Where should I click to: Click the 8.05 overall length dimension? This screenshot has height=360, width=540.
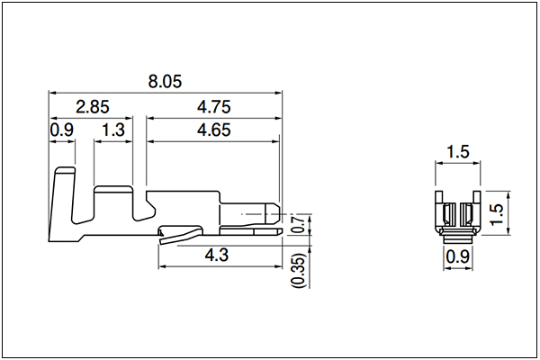pyautogui.click(x=165, y=82)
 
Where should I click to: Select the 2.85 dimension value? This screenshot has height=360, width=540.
pyautogui.click(x=93, y=107)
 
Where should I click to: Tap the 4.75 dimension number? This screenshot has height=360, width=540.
pyautogui.click(x=213, y=107)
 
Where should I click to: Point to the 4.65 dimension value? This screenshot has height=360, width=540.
pyautogui.click(x=213, y=130)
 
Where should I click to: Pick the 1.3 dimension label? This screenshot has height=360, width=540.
pyautogui.click(x=113, y=130)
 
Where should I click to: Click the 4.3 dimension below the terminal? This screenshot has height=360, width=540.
pyautogui.click(x=217, y=256)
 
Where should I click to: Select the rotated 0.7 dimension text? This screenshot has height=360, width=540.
pyautogui.click(x=298, y=224)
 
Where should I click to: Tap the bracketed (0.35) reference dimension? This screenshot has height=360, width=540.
pyautogui.click(x=298, y=270)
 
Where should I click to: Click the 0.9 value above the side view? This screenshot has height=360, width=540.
pyautogui.click(x=62, y=130)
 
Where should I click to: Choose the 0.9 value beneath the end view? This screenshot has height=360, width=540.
pyautogui.click(x=458, y=256)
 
